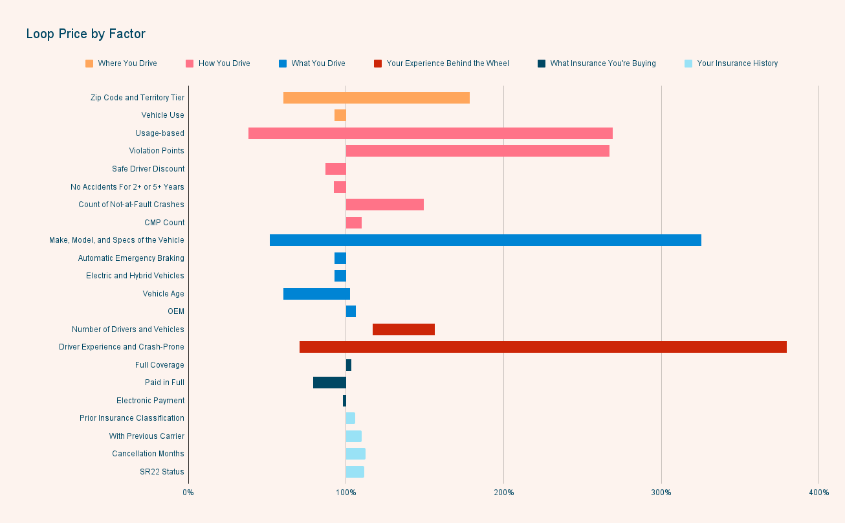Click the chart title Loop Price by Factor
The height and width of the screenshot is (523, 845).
tap(85, 34)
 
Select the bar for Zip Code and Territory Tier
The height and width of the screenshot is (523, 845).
tap(376, 98)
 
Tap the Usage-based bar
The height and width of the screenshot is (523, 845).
tap(430, 133)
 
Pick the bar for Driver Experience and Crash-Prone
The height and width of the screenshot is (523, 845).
tap(543, 347)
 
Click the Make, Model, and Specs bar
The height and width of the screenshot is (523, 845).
tap(485, 240)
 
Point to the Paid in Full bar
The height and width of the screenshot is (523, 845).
tap(329, 383)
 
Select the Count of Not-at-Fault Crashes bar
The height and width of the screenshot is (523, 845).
tap(384, 205)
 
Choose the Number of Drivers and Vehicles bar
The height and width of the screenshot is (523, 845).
tap(403, 329)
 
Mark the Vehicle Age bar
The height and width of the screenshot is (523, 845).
tap(316, 294)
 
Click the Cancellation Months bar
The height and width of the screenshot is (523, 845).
tap(355, 454)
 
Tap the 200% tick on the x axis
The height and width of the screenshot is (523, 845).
tap(503, 493)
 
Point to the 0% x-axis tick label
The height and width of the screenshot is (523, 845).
tap(188, 493)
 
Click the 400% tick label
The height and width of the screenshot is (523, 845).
tap(818, 493)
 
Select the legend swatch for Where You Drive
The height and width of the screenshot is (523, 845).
tap(89, 63)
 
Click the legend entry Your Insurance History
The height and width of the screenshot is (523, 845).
tap(737, 63)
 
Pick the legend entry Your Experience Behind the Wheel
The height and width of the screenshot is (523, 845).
tap(447, 63)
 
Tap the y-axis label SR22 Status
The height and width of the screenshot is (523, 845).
tap(162, 472)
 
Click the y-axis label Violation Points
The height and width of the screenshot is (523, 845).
tap(157, 151)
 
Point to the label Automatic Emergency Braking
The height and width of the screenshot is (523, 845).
tap(131, 258)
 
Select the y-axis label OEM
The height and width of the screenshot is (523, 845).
tap(175, 311)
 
